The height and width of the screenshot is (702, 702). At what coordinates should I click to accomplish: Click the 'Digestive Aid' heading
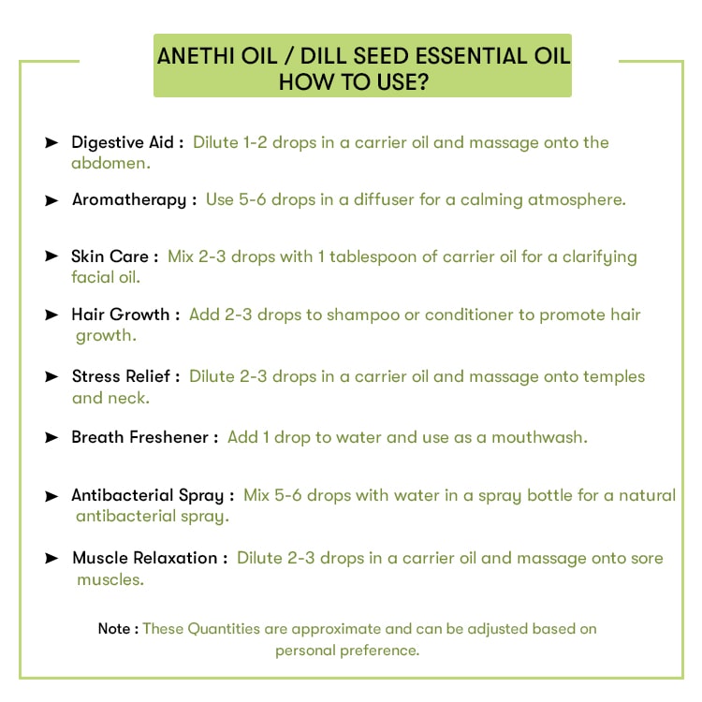point(123,143)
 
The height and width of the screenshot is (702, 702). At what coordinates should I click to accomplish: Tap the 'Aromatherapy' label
point(129,200)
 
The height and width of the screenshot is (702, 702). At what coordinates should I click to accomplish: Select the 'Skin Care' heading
point(110,256)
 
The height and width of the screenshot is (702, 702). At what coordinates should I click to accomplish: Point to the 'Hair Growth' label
point(120,314)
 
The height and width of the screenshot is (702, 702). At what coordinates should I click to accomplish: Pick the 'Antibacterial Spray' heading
point(147,495)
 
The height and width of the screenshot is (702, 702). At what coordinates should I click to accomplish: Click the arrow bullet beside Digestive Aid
point(51,143)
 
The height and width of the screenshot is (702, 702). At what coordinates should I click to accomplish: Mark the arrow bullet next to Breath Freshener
point(51,437)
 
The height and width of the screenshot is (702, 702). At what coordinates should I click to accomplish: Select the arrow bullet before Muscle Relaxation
point(51,558)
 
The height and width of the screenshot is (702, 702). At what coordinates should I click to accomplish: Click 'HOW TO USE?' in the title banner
point(354,82)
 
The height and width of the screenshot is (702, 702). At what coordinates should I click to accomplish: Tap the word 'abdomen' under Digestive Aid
point(110,163)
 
